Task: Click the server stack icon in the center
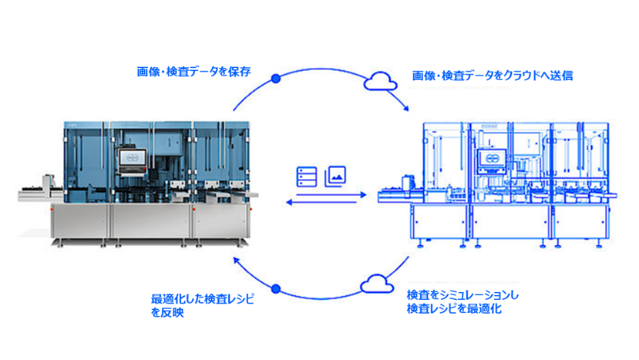point(305,176)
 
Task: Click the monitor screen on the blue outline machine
point(488,159)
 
